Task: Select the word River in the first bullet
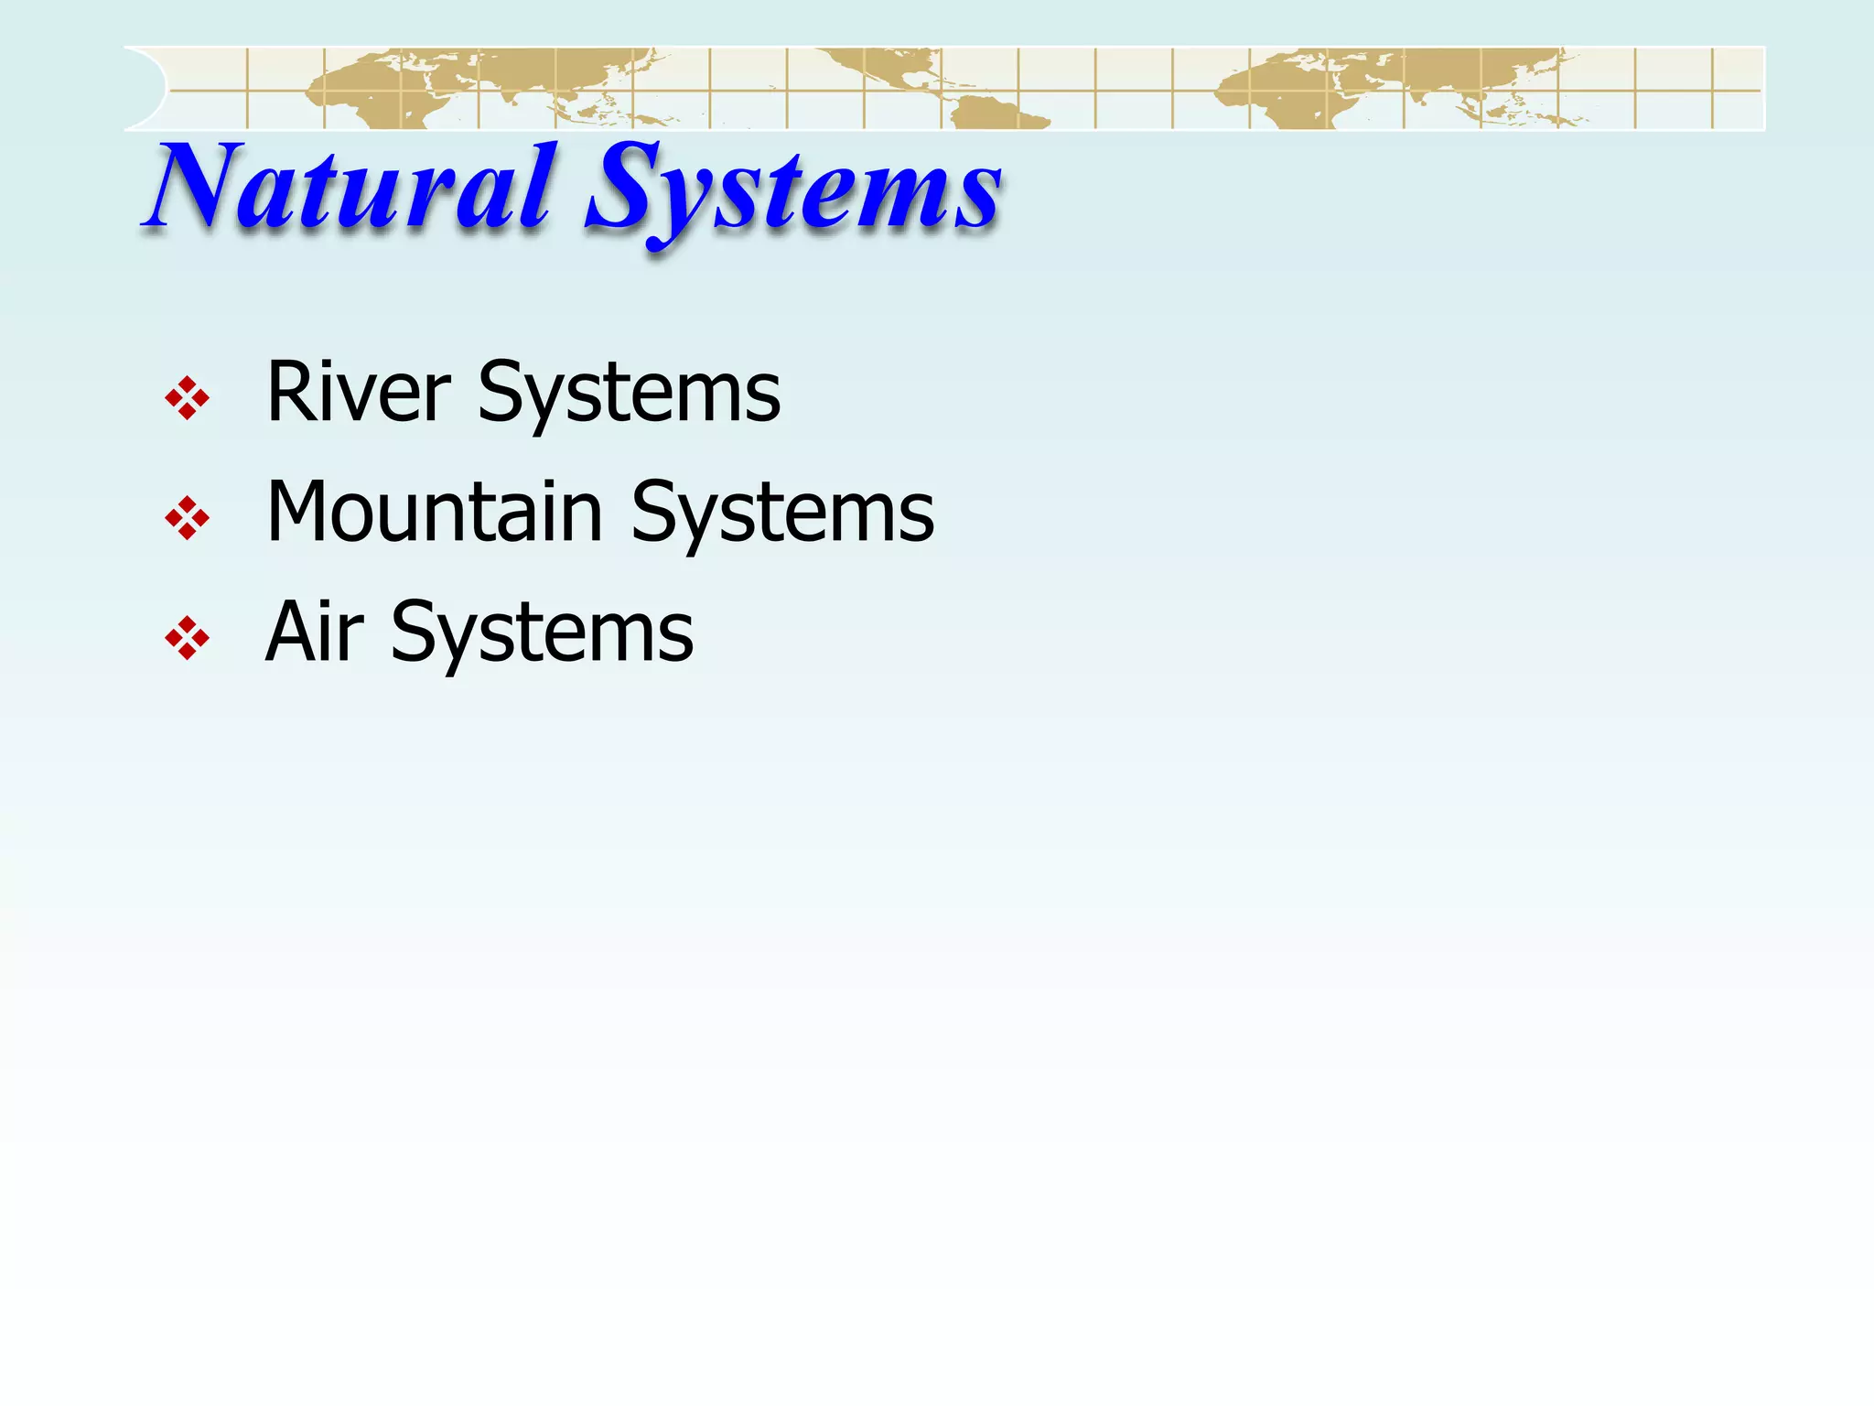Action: coord(358,394)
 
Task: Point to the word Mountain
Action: coord(434,514)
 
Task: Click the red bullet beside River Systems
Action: coord(188,398)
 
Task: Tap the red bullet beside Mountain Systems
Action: coord(188,518)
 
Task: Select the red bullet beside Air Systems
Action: coord(188,638)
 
